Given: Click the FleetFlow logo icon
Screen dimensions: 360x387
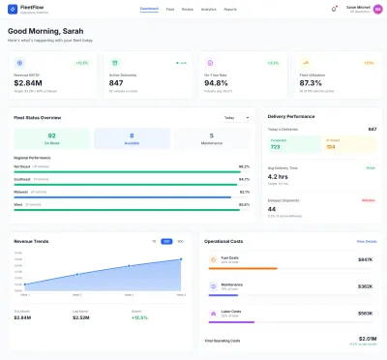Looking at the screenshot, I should [13, 9].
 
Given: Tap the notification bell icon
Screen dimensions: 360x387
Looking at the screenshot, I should [334, 9].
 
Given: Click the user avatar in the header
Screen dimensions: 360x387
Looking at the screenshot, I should [375, 9].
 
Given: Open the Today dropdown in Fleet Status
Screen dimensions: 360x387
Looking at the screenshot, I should [236, 117].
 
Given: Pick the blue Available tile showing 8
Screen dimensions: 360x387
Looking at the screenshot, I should [131, 138].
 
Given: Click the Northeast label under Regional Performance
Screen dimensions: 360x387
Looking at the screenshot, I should [20, 166].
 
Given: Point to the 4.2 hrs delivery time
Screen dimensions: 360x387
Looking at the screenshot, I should [279, 177].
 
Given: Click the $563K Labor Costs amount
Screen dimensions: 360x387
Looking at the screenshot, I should [365, 313].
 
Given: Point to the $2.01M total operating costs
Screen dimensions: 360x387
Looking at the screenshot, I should [367, 339].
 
